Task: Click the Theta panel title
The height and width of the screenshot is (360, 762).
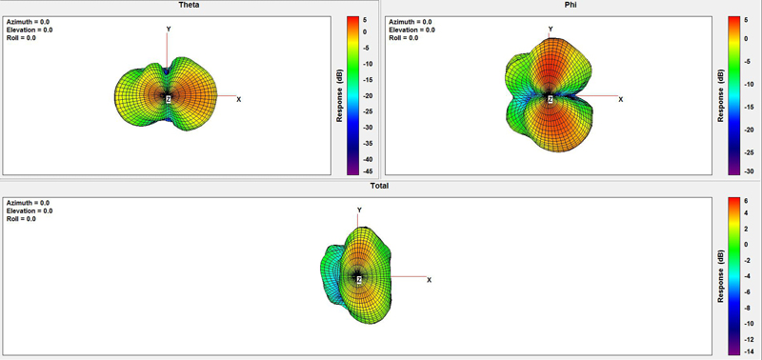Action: coord(189,5)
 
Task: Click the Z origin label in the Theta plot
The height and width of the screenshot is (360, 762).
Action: coord(169,100)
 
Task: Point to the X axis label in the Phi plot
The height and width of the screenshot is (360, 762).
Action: coord(621,100)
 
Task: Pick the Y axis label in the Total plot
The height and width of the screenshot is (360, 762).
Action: coord(359,210)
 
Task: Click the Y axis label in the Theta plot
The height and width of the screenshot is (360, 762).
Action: coord(169,30)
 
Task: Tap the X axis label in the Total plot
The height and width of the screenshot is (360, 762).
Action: coord(430,280)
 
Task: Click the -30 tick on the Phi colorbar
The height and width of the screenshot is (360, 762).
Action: coord(749,171)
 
